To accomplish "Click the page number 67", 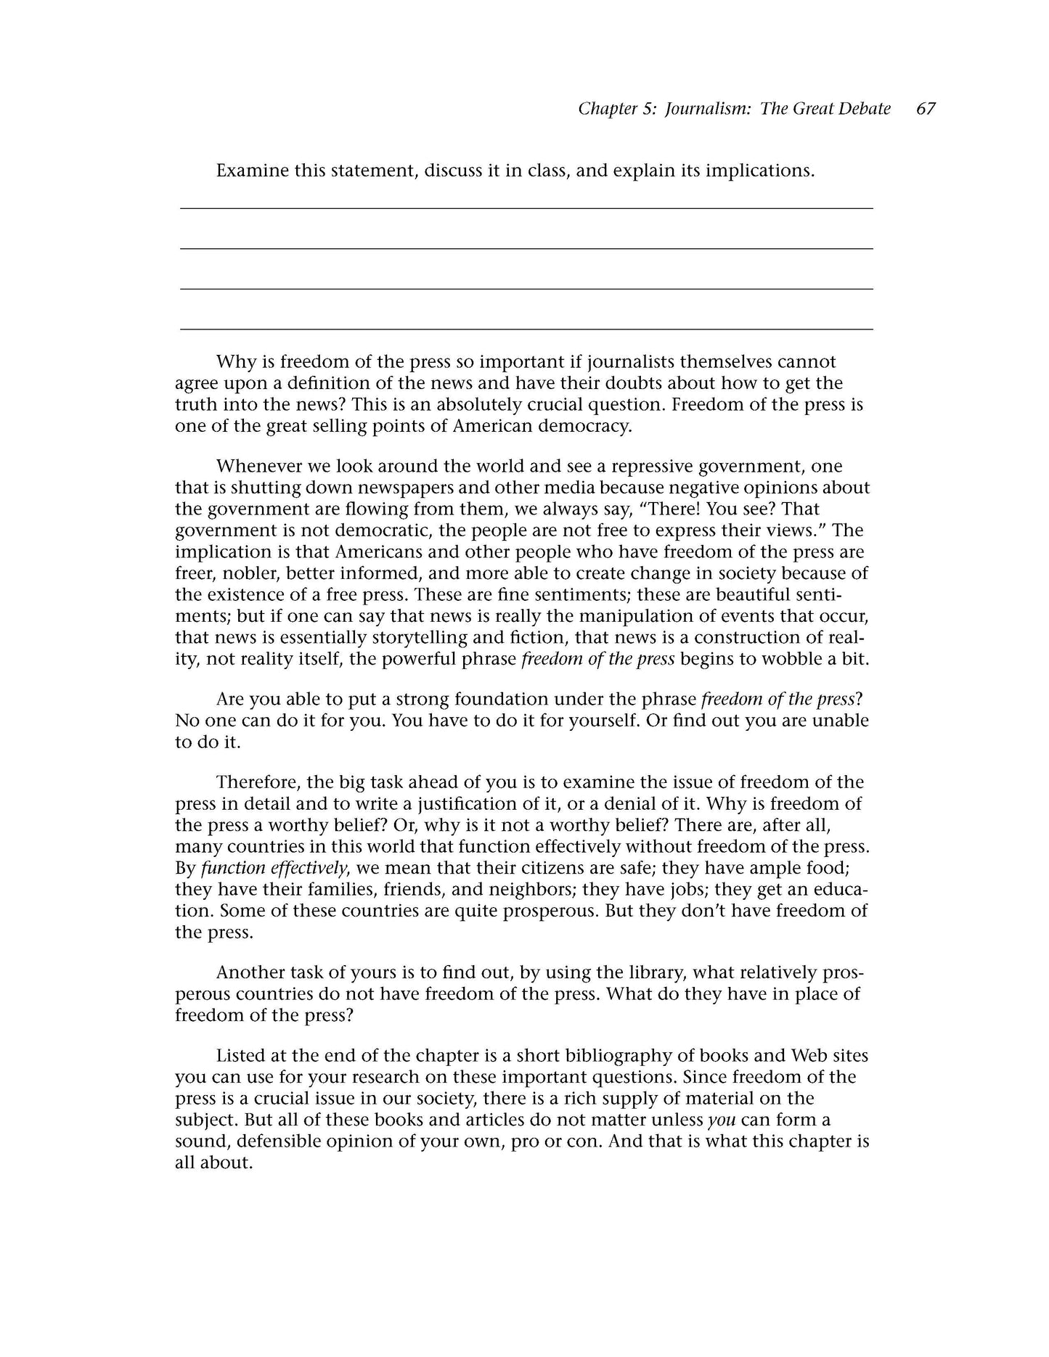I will (x=926, y=109).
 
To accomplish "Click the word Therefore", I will (x=258, y=782).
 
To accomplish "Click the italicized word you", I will (x=722, y=1120).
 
